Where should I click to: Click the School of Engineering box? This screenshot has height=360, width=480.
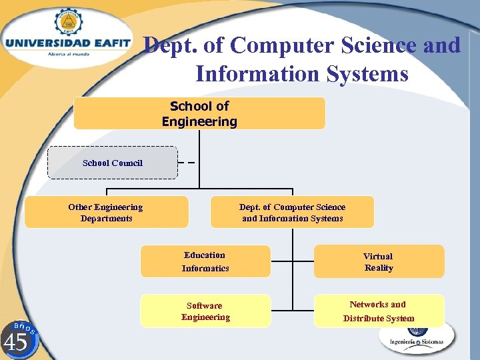tap(199, 113)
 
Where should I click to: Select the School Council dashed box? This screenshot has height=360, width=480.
tap(112, 163)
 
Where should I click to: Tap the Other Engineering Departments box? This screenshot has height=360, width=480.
tap(106, 212)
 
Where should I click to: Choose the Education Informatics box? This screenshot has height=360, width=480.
tap(205, 261)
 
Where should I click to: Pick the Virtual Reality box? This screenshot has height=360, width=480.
tap(378, 261)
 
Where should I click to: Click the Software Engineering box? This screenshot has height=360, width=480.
tap(205, 311)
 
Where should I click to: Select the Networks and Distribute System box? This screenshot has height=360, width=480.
tap(378, 311)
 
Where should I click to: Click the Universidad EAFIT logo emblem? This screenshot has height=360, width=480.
tap(67, 21)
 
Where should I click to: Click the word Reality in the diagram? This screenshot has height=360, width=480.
tap(379, 268)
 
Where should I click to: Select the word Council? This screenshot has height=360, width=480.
tap(128, 163)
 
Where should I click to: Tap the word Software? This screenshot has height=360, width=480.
tap(204, 305)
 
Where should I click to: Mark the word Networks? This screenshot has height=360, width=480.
tap(369, 304)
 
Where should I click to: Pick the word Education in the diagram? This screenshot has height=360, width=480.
tap(205, 255)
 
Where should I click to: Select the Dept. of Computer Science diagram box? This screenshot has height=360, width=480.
tap(292, 212)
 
